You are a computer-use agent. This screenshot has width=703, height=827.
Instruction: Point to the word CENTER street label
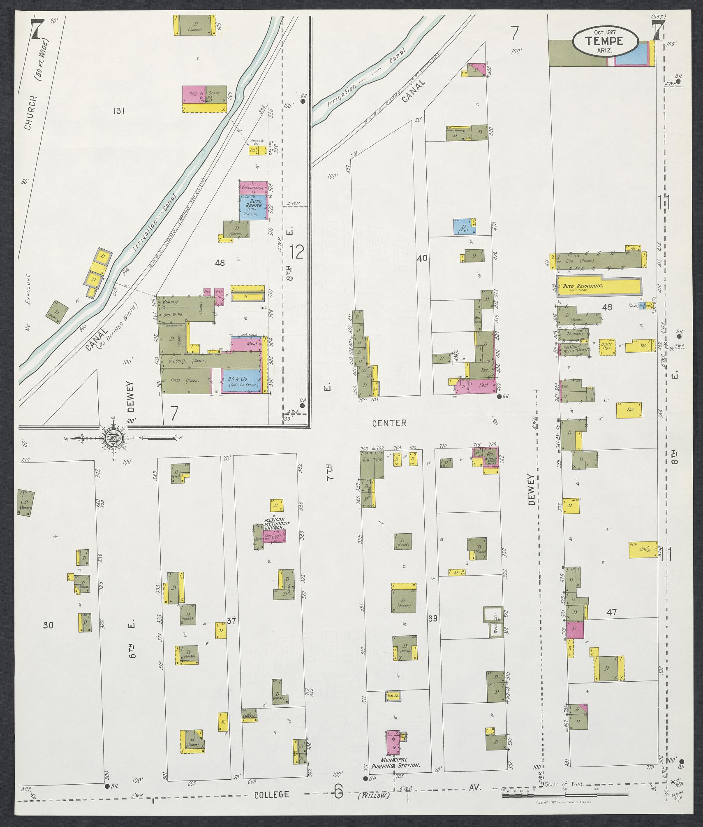tap(389, 423)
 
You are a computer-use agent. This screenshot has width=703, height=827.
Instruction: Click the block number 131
tap(120, 110)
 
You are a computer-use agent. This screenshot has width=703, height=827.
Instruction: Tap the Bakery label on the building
tap(170, 302)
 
